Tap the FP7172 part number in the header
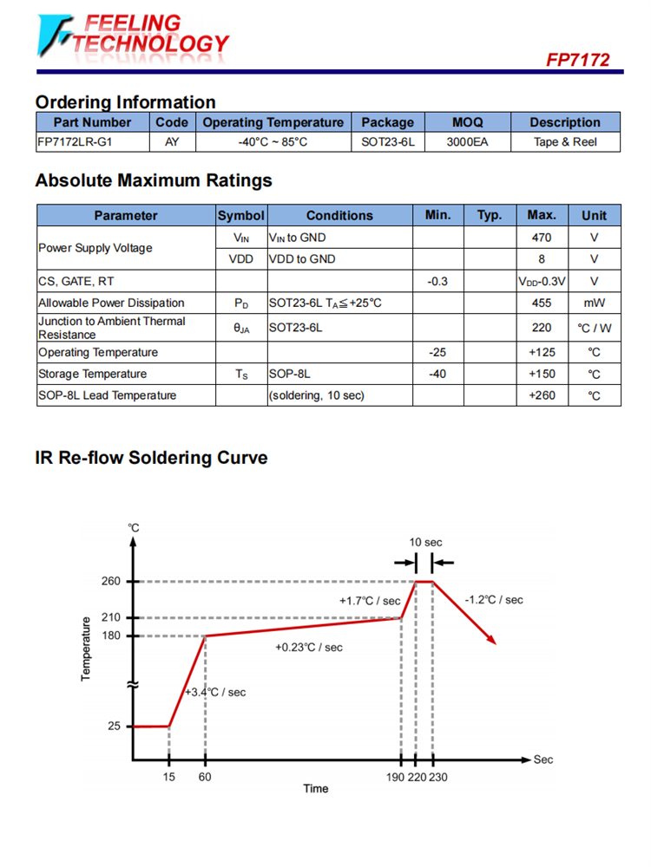click(577, 60)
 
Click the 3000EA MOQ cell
click(467, 142)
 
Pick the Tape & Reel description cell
click(565, 142)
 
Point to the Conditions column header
click(339, 215)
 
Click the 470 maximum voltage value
click(542, 237)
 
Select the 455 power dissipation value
click(542, 303)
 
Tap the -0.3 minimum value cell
click(438, 281)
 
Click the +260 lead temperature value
click(542, 395)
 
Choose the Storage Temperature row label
click(92, 374)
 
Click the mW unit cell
click(595, 303)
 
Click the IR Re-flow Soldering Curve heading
click(151, 457)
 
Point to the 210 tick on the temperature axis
click(110, 617)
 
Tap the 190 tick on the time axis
click(395, 777)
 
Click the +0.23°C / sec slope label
click(308, 648)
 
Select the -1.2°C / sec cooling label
click(494, 599)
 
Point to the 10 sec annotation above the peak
click(426, 542)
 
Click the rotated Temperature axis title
click(86, 649)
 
